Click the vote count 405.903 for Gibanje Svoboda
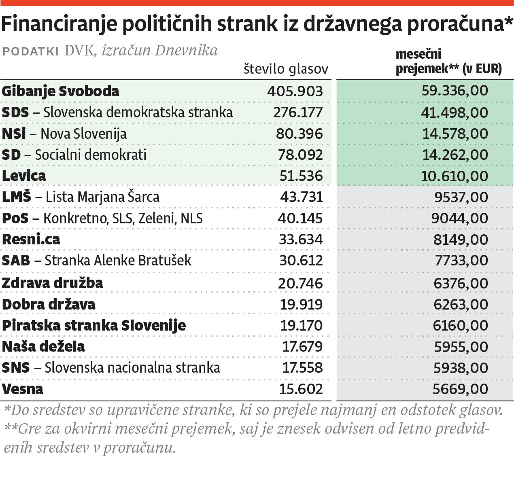295,91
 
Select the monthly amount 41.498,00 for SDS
455,112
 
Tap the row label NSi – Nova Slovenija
64,134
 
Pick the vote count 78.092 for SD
300,155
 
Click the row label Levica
24,176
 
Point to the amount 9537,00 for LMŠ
461,197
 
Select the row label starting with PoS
102,218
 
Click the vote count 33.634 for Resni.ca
301,239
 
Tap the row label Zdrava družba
53,283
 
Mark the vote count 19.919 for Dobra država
301,304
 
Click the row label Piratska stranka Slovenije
94,325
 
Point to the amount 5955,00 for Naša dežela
461,347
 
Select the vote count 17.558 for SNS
302,367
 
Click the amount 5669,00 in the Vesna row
460,389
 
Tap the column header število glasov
286,69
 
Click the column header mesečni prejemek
448,62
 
